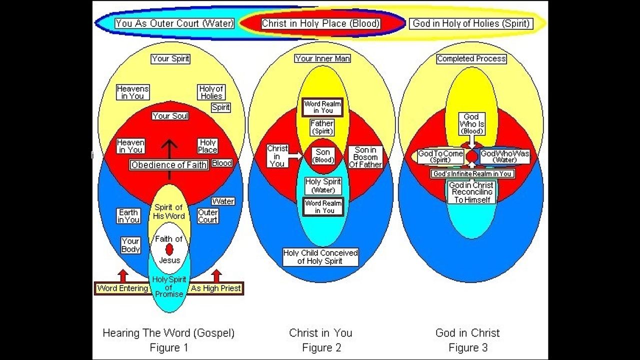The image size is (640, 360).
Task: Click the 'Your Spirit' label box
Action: click(170, 58)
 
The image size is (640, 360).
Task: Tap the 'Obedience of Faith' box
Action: click(169, 165)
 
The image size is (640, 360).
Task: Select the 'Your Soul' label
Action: click(170, 116)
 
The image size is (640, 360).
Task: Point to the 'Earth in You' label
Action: click(128, 216)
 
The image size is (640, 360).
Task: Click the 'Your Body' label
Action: click(130, 245)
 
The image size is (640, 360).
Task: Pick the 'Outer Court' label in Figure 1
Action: click(208, 216)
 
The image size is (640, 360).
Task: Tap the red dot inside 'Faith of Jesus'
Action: click(169, 249)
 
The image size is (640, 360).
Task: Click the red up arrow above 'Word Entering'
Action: click(123, 275)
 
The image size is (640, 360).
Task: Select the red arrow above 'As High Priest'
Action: click(216, 275)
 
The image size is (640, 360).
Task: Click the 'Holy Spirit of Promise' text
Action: click(169, 287)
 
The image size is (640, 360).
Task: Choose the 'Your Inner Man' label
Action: click(322, 58)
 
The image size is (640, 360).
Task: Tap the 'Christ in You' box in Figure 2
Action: click(277, 156)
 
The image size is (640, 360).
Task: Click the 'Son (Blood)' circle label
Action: click(323, 156)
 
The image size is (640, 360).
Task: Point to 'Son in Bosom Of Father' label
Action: click(368, 157)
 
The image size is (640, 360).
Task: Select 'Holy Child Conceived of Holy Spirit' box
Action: click(320, 257)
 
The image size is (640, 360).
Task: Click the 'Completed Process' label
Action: click(471, 58)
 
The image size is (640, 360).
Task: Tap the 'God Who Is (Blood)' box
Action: click(471, 124)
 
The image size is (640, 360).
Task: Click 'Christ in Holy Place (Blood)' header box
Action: click(321, 23)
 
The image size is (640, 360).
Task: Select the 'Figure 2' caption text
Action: click(321, 347)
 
